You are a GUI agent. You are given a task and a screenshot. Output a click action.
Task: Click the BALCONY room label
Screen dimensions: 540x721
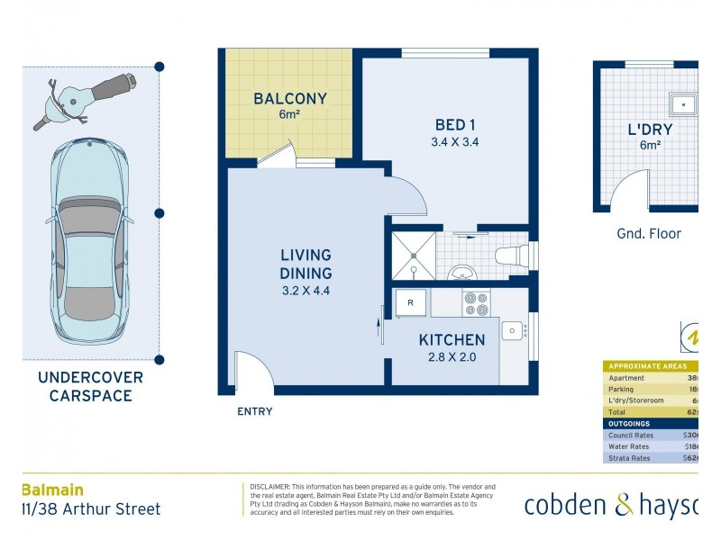click(289, 99)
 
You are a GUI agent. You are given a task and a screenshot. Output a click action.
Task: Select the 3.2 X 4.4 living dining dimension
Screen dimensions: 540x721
click(306, 291)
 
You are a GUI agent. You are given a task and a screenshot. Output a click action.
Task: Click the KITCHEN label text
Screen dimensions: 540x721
click(452, 340)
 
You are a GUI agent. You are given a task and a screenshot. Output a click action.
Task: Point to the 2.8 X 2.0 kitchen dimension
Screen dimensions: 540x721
click(452, 357)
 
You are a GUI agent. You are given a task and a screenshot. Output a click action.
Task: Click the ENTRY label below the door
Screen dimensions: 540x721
click(254, 411)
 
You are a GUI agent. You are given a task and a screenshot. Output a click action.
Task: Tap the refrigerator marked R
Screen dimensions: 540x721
click(410, 303)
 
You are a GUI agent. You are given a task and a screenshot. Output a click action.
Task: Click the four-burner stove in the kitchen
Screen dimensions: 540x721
click(477, 303)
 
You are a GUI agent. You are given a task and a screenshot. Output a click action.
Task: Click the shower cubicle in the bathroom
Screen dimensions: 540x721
click(413, 256)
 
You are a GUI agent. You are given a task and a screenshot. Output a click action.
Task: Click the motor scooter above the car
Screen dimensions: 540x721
click(84, 98)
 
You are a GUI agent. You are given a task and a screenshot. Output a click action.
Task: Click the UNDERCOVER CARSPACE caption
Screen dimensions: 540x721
click(90, 387)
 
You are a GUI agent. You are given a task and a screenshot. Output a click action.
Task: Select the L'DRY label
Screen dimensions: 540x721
click(650, 130)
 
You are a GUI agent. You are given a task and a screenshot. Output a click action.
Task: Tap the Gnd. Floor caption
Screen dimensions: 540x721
click(649, 234)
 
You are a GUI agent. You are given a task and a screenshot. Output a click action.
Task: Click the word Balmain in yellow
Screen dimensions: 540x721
click(52, 490)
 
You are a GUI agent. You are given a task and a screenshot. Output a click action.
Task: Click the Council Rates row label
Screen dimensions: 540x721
click(632, 435)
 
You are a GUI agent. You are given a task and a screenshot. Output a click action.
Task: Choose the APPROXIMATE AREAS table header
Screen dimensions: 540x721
click(648, 366)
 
